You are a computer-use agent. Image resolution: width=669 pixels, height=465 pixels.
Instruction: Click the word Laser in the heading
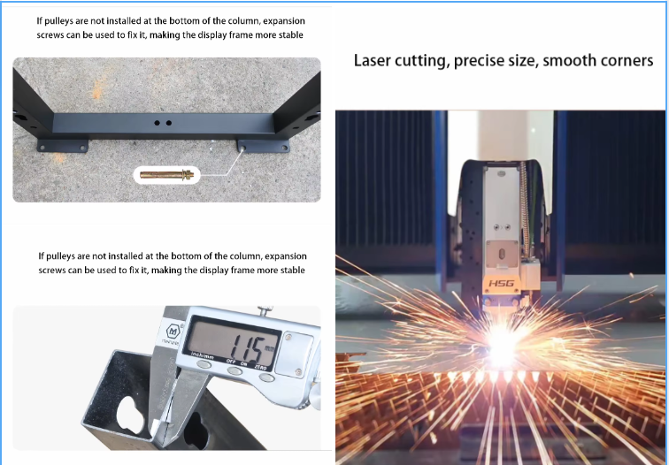pos(372,60)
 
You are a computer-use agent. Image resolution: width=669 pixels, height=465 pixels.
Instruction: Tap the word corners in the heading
pos(626,60)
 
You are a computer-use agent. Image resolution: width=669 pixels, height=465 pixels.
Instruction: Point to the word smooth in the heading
pos(568,60)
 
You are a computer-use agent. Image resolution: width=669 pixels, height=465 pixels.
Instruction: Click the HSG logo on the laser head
pos(501,284)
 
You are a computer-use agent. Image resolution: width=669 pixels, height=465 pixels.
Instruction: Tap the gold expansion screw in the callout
pos(167,174)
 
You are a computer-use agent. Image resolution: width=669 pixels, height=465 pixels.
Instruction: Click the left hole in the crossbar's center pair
pos(157,123)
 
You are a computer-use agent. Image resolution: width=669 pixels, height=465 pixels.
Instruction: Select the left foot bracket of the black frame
pos(63,145)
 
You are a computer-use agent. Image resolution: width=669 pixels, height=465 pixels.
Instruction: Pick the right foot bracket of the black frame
pos(263,146)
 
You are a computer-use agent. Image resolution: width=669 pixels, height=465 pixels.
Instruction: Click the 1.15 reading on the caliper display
pos(246,347)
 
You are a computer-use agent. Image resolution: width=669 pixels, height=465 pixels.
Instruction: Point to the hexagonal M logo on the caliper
pos(173,332)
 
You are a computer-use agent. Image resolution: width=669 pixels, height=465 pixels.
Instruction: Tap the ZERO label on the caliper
pos(260,367)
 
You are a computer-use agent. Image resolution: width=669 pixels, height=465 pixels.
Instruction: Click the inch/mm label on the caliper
pos(203,355)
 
